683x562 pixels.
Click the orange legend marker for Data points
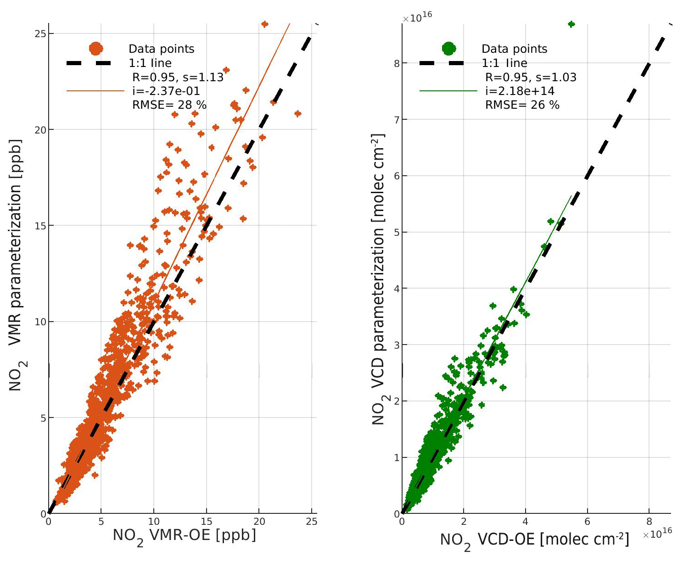(x=95, y=49)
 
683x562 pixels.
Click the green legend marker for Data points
(x=448, y=48)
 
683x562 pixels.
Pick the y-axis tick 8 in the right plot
(x=396, y=63)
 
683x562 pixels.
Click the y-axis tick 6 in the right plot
(x=396, y=176)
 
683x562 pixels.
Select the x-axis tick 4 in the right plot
(x=526, y=522)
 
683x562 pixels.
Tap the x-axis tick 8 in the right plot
(x=649, y=522)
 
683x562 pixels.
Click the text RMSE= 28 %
(x=169, y=105)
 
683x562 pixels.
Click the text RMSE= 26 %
(x=522, y=105)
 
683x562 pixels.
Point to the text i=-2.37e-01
(x=166, y=91)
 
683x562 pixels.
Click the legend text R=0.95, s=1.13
(x=178, y=77)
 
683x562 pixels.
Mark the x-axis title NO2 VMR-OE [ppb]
(x=184, y=536)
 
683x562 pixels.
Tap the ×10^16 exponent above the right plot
(x=417, y=18)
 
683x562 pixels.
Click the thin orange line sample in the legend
(x=95, y=91)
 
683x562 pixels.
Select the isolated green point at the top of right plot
(x=571, y=24)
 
